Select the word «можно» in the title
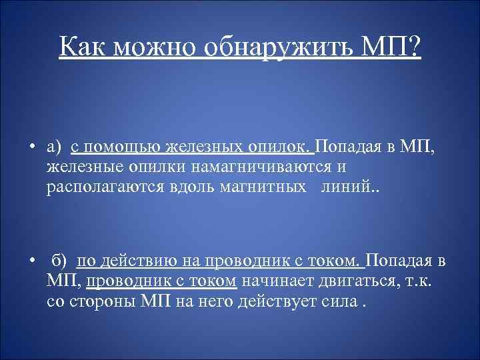coord(157,47)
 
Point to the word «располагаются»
coord(98,185)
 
